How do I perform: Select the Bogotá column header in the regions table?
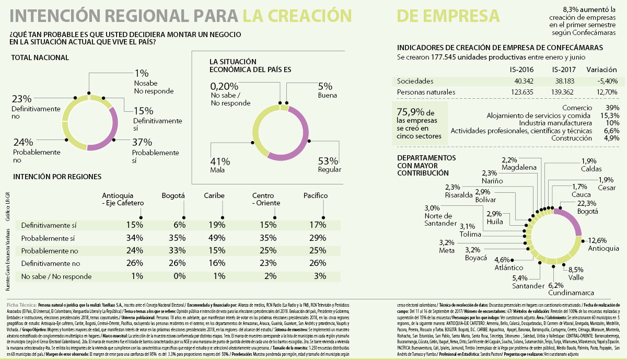tap(173, 195)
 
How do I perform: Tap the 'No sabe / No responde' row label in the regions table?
tap(56, 276)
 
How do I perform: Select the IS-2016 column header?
tap(521, 70)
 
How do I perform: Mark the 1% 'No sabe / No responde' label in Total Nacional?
tap(142, 74)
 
